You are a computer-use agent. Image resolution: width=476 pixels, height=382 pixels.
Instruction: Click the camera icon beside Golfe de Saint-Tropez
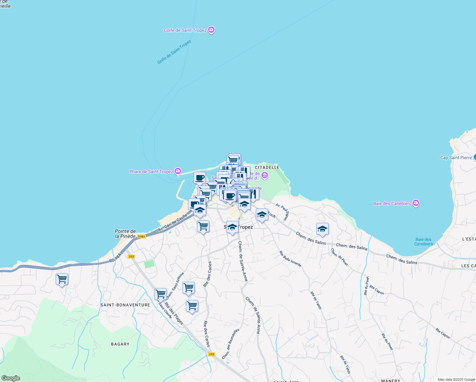click(x=211, y=30)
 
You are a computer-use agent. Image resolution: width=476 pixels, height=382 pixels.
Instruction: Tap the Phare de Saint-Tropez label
click(x=151, y=172)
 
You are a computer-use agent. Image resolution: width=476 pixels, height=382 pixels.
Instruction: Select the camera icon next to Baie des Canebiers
click(x=416, y=203)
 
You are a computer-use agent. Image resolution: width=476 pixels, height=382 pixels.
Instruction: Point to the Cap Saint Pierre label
click(x=456, y=158)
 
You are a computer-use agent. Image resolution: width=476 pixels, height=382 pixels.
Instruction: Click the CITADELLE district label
click(x=267, y=167)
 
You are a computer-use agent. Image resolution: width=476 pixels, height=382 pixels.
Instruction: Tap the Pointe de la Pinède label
click(x=125, y=234)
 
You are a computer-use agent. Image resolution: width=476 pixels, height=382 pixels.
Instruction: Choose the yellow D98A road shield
click(x=142, y=237)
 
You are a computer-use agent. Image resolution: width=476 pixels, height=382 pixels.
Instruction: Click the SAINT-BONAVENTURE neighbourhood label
click(x=125, y=305)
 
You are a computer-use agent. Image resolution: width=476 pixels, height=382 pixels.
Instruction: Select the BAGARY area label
click(x=120, y=344)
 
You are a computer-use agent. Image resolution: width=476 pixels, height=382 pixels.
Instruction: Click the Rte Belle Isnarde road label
click(x=290, y=259)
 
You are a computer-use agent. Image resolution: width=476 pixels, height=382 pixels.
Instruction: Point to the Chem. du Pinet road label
click(x=339, y=257)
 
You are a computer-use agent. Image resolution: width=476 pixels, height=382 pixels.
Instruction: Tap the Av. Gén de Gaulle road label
click(x=173, y=223)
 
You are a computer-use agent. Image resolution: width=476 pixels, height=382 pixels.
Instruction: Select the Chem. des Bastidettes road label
click(x=231, y=344)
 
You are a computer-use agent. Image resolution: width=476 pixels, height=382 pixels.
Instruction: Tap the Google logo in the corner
click(x=10, y=378)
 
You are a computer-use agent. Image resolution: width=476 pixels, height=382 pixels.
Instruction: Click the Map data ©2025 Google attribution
click(x=456, y=379)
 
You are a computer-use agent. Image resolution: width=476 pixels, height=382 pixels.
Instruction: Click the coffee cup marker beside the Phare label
click(x=199, y=178)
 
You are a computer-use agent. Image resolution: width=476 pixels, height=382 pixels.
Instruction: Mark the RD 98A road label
click(x=115, y=258)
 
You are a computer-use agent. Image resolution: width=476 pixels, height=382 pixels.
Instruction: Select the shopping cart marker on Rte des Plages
click(x=161, y=294)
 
